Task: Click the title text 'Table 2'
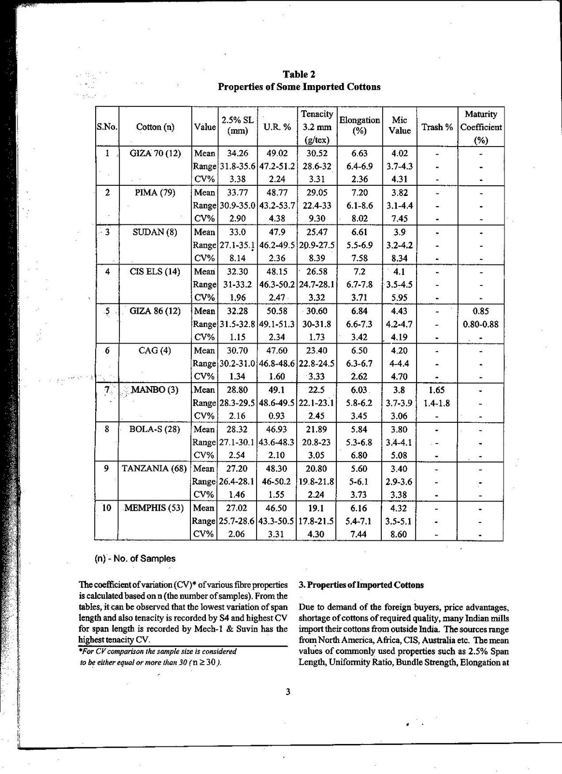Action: click(299, 74)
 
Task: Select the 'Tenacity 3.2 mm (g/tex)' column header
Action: click(317, 127)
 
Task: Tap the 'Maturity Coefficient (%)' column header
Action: click(481, 127)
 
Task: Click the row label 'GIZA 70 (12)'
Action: click(155, 153)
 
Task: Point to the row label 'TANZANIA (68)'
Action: click(154, 468)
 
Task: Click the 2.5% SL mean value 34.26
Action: click(237, 153)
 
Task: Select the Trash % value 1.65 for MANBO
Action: click(437, 390)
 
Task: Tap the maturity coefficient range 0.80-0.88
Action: click(481, 324)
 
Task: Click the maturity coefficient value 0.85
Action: click(481, 311)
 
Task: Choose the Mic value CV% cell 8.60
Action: click(399, 534)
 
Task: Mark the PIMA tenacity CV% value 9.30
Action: click(317, 219)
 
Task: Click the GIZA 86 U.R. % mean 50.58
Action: click(277, 311)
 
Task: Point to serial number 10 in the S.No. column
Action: click(107, 508)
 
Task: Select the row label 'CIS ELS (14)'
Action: click(155, 271)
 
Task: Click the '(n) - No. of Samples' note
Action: click(135, 558)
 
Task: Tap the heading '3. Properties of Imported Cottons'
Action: click(361, 585)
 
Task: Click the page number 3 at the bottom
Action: click(288, 692)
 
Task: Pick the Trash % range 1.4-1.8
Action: click(437, 403)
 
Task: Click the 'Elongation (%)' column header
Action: click(360, 126)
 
